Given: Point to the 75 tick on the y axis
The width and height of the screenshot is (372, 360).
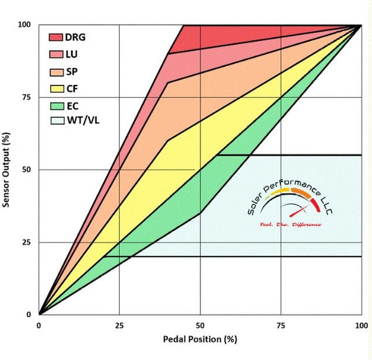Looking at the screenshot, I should (x=27, y=97).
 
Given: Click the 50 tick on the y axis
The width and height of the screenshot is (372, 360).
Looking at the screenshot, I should (x=27, y=170).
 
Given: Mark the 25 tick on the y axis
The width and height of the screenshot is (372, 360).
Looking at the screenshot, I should (x=27, y=242).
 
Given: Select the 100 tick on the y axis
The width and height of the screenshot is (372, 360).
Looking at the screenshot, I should (x=25, y=25).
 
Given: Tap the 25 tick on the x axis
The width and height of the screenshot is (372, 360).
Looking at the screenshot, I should (x=120, y=324).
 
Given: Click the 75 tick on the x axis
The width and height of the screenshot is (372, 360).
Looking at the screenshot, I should (x=281, y=324).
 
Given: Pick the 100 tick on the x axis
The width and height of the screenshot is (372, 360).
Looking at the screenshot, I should (x=361, y=324).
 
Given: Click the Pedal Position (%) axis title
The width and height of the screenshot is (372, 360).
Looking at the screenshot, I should (x=200, y=340).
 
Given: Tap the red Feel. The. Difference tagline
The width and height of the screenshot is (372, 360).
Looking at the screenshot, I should (x=291, y=224).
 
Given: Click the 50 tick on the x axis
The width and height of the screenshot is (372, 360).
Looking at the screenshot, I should (x=200, y=324).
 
